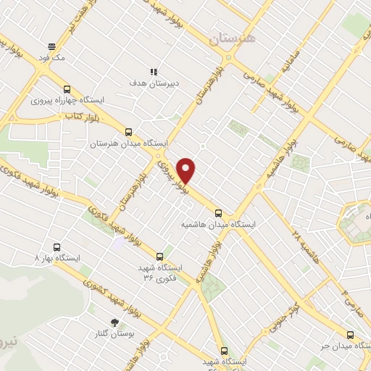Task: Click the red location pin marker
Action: [187, 170]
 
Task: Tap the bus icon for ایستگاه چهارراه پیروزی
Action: [67, 85]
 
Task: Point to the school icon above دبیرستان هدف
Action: [154, 72]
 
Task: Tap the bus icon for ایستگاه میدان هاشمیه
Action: [219, 212]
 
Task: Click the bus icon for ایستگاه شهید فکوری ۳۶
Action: [160, 256]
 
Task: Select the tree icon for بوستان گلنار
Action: [114, 321]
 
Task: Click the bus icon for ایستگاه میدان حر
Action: [350, 335]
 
